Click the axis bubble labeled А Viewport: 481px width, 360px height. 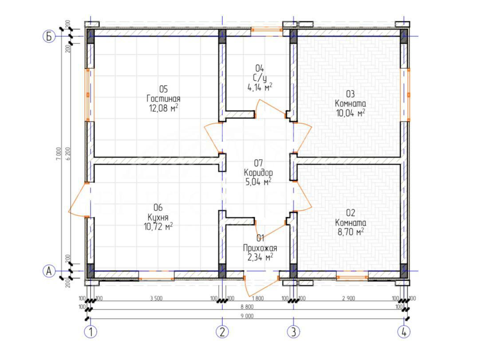pyautogui.click(x=48, y=271)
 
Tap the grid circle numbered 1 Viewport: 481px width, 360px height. pyautogui.click(x=91, y=332)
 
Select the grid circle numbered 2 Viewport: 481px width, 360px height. pyautogui.click(x=222, y=332)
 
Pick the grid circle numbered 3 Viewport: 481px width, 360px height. pyautogui.click(x=294, y=332)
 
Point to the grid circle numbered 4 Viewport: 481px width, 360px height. pyautogui.click(x=404, y=332)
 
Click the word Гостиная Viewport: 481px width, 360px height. pyautogui.click(x=163, y=99)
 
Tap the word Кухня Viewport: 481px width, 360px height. pyautogui.click(x=158, y=218)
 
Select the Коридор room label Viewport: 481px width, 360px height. pyautogui.click(x=258, y=172)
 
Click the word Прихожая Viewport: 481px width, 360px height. pyautogui.click(x=260, y=248)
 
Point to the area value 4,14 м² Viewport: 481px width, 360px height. pyautogui.click(x=260, y=87)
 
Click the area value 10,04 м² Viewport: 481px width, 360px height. pyautogui.click(x=351, y=113)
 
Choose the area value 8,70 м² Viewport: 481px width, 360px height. pyautogui.click(x=351, y=232)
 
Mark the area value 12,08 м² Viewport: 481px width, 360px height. pyautogui.click(x=163, y=108)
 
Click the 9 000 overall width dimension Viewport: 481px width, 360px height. pyautogui.click(x=247, y=316)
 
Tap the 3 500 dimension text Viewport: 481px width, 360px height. pyautogui.click(x=156, y=298)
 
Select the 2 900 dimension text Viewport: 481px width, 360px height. pyautogui.click(x=348, y=298)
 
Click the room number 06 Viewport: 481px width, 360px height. pyautogui.click(x=158, y=208)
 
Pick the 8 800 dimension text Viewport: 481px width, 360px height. pyautogui.click(x=247, y=307)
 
